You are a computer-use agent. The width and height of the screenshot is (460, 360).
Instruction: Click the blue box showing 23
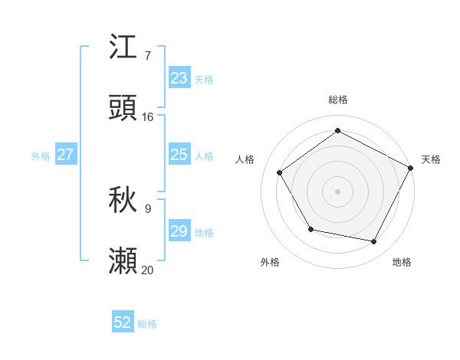click(x=179, y=78)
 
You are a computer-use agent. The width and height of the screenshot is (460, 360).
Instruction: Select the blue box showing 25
click(x=179, y=155)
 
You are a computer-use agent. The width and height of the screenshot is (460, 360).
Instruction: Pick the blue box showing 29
click(x=179, y=231)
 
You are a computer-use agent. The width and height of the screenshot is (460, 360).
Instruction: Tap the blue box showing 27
click(x=66, y=155)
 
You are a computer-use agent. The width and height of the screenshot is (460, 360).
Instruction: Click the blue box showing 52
click(x=123, y=322)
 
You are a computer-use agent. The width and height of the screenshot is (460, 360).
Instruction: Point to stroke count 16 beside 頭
click(x=148, y=117)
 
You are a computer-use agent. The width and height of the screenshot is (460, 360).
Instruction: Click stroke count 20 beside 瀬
click(x=148, y=270)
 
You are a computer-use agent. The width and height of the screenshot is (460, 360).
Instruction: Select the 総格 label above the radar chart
click(x=337, y=100)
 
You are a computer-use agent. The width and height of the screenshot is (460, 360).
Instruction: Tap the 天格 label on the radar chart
click(x=431, y=159)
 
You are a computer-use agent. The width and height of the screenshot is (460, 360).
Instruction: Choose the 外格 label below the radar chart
click(x=270, y=262)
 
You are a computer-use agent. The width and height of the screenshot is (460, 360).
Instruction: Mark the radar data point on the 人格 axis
click(x=280, y=172)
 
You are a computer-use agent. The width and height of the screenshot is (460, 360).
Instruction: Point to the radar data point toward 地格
click(x=374, y=241)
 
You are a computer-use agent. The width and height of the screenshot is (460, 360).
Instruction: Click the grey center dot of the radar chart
click(x=337, y=191)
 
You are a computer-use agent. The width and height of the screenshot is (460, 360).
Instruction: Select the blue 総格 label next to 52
click(x=147, y=324)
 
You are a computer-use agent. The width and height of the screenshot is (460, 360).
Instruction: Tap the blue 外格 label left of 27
click(x=41, y=156)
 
